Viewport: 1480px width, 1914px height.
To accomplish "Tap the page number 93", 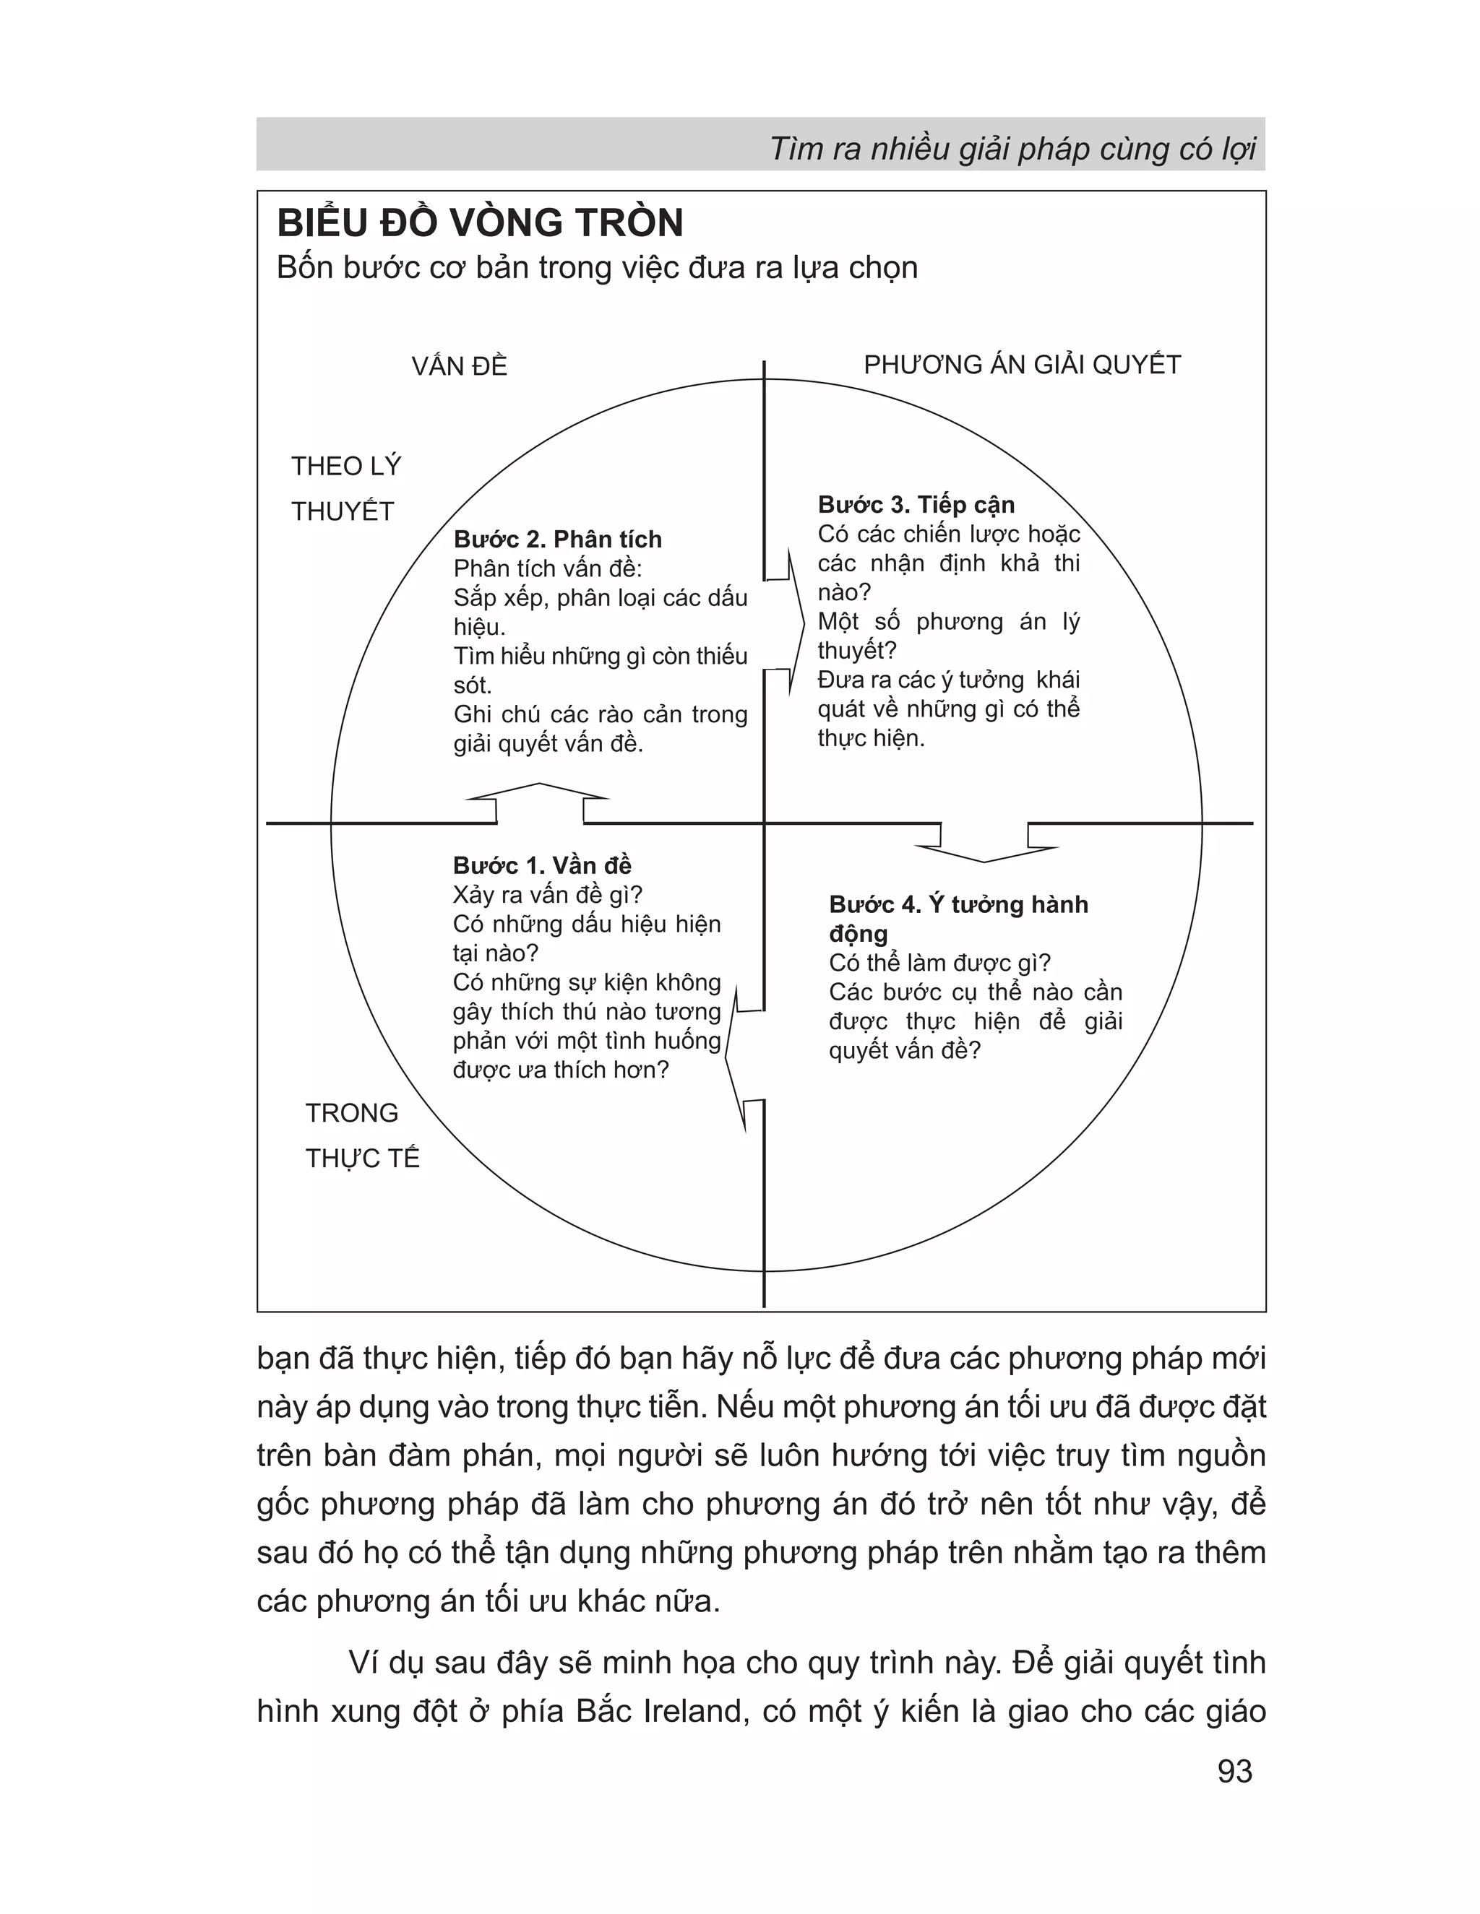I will [x=1234, y=1771].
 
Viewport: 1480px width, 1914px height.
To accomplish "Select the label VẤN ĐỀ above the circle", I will [x=460, y=366].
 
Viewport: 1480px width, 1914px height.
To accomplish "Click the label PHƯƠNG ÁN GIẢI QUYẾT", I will [x=1023, y=365].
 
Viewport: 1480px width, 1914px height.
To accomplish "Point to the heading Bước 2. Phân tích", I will [x=558, y=539].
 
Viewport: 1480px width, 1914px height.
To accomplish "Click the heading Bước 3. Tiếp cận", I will [x=916, y=505].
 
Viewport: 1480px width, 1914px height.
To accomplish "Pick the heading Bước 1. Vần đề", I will [x=542, y=865].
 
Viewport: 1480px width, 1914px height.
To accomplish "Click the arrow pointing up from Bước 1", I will [x=538, y=801].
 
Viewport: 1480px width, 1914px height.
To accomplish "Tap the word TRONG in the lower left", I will [x=352, y=1113].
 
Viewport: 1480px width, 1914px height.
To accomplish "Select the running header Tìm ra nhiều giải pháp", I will [x=1012, y=149].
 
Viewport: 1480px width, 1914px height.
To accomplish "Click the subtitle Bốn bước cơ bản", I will [x=596, y=267].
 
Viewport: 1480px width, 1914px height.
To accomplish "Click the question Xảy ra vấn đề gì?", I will [x=548, y=895].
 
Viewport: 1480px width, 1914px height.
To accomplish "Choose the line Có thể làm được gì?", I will [x=939, y=962].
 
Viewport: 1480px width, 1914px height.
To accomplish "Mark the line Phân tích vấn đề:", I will [x=548, y=568].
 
